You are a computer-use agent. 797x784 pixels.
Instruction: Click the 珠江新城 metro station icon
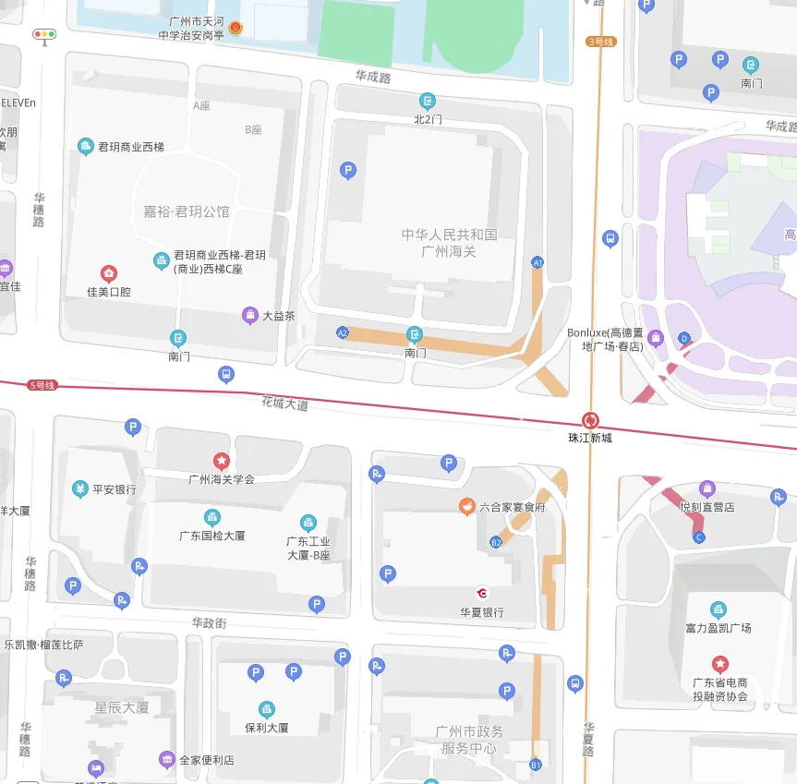(x=590, y=420)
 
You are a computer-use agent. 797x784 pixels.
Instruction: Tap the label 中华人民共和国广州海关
(x=449, y=243)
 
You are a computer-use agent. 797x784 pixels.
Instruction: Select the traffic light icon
(x=43, y=35)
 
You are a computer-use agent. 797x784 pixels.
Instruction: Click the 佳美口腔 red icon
(x=109, y=273)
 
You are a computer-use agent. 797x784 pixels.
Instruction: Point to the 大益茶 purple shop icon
(x=250, y=315)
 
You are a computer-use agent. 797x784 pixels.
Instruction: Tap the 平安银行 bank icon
(x=80, y=488)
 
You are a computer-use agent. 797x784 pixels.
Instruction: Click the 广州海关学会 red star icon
(x=222, y=460)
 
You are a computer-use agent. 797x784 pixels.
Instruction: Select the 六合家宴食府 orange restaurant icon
(x=467, y=506)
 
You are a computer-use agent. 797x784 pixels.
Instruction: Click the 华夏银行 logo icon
(x=481, y=593)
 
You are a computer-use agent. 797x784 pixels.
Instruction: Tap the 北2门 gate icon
(x=428, y=101)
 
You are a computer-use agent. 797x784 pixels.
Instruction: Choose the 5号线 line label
(x=42, y=384)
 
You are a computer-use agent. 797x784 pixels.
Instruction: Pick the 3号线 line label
(x=600, y=42)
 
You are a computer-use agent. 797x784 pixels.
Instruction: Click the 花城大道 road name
(x=284, y=404)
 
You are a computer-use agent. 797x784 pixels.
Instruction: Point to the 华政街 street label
(x=209, y=623)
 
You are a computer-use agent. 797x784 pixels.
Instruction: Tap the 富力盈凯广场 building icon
(x=718, y=609)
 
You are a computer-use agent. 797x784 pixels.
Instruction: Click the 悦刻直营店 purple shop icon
(x=707, y=488)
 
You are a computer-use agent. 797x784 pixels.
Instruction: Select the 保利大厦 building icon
(x=267, y=709)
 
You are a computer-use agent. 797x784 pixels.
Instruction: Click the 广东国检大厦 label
(x=212, y=536)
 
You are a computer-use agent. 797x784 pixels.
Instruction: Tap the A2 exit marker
(x=343, y=332)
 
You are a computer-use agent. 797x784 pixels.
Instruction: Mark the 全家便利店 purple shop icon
(x=167, y=759)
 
